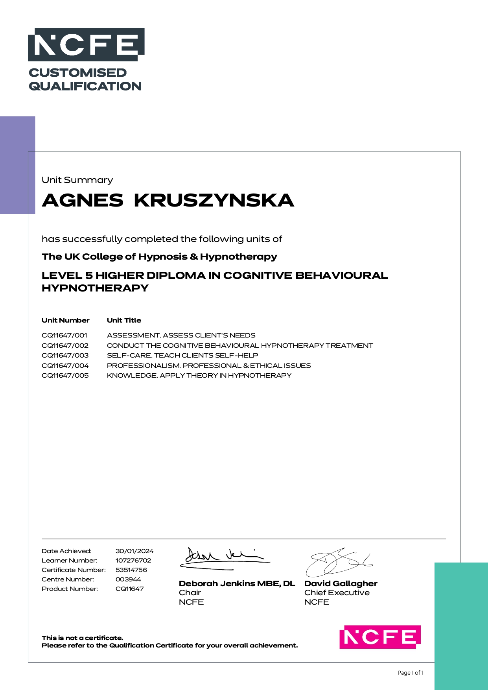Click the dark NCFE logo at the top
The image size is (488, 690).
tap(86, 44)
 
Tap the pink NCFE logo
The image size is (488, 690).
tap(380, 637)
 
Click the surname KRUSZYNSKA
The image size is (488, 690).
tap(214, 200)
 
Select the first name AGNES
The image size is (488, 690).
tap(83, 200)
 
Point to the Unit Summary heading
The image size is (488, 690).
tap(77, 180)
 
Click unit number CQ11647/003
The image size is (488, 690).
tap(65, 356)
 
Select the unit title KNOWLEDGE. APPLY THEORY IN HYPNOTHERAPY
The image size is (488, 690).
tap(199, 376)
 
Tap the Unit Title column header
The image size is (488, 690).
tap(124, 321)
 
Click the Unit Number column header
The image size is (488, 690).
tap(66, 321)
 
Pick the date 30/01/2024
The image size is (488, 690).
tap(134, 551)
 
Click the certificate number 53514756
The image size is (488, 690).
tap(131, 570)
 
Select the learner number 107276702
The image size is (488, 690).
tap(133, 561)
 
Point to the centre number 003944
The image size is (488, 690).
tap(128, 579)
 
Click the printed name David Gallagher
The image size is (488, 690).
tap(341, 584)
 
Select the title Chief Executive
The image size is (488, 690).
tap(337, 593)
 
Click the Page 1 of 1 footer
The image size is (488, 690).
tap(411, 673)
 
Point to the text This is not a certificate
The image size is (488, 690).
tap(83, 638)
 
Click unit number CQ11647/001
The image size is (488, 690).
tap(64, 336)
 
